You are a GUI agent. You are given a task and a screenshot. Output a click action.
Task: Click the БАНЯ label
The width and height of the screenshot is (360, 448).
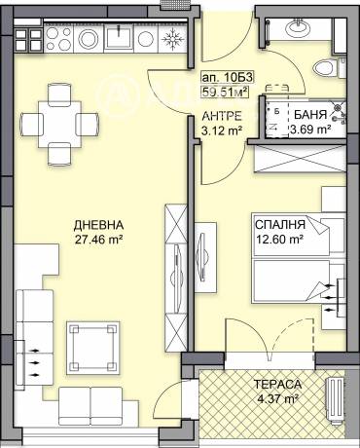(x=309, y=114)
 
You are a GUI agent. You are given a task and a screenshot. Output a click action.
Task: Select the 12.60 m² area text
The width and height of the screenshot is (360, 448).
(x=278, y=235)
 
